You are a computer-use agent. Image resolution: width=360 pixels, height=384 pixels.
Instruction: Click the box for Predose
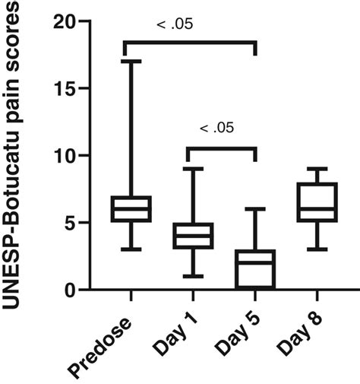tap(132, 208)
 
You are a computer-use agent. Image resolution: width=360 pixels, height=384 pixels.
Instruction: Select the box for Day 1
tap(194, 235)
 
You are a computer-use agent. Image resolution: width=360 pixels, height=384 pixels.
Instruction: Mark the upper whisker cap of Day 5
tap(255, 209)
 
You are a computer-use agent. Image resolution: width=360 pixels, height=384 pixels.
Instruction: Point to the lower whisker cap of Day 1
tap(194, 276)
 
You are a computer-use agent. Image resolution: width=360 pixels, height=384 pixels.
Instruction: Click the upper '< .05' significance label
tap(175, 25)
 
